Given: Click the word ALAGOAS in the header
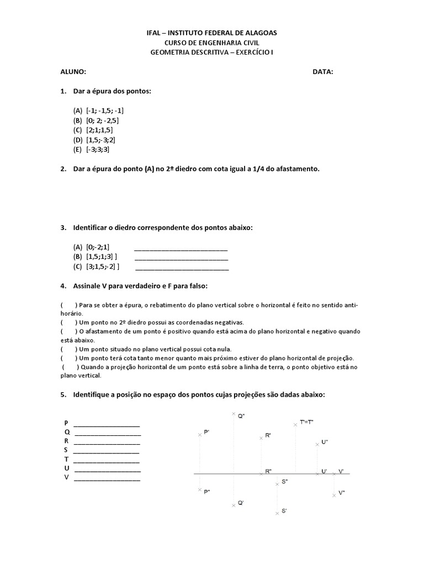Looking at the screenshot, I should point(259,33).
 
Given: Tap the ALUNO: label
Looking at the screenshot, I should point(73,72).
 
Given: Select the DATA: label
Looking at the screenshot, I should point(323,72).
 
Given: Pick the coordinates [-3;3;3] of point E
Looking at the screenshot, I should point(98,150).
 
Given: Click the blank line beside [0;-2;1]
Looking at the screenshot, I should point(181,248).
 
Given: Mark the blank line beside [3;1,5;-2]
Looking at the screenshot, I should point(182,267).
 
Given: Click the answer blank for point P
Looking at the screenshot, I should point(107,424).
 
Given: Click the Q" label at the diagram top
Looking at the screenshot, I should point(241,417).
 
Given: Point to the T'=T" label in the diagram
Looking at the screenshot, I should point(307,422).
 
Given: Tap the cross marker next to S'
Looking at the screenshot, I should point(277,513).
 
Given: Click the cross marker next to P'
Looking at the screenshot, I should point(200,435).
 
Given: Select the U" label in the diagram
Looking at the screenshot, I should point(325,443).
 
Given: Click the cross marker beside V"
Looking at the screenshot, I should point(334,495).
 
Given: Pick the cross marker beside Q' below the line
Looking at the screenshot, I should point(234,505).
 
